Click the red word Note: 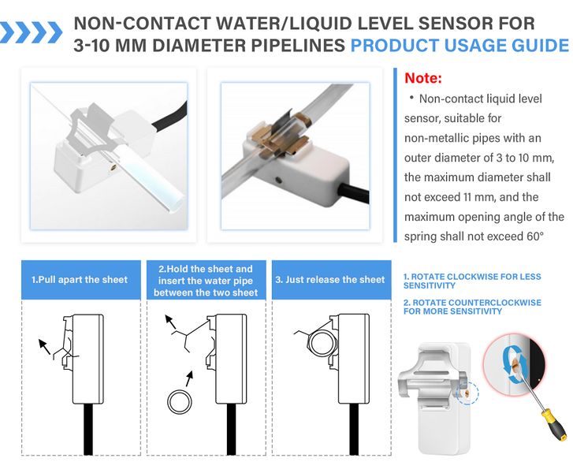coord(423,78)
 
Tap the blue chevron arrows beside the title coord(31,32)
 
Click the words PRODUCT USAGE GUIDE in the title coord(460,46)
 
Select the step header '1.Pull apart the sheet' coord(80,280)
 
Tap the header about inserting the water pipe coord(206,281)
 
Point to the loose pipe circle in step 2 coord(180,402)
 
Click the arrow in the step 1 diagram coord(44,347)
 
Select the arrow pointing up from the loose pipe coord(189,379)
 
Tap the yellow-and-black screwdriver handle coord(555,423)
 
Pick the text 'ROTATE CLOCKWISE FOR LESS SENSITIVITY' coord(472,281)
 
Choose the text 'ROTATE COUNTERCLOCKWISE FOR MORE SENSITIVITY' coord(472,307)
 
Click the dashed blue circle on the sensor coord(467,393)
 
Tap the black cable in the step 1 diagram coord(88,429)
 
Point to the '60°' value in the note coord(535,236)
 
